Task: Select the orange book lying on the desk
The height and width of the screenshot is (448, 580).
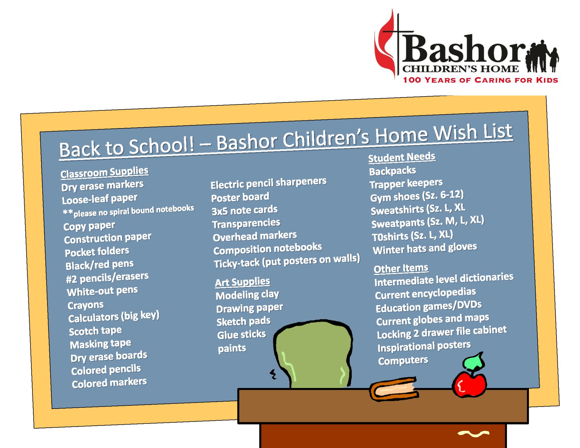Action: coord(394,389)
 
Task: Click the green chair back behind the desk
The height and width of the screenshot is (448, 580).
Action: coord(313,354)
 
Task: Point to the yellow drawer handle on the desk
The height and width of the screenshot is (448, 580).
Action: coord(473,434)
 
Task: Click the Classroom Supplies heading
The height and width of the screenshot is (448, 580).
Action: coord(104,172)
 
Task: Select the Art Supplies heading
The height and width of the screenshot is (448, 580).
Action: coord(242,282)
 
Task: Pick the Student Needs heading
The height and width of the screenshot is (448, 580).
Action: coord(402,157)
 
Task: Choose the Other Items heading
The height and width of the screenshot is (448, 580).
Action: coord(401,269)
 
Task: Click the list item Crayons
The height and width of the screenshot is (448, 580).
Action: coord(86,305)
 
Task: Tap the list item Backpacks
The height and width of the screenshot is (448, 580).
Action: coord(392,171)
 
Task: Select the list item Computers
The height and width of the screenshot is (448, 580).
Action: coord(403,360)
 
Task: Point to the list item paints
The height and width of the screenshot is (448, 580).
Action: coord(232,348)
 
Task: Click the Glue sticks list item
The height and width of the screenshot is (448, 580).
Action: coord(242,335)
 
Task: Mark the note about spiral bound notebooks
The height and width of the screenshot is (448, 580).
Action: coord(128,211)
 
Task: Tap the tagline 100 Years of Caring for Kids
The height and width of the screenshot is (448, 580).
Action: coord(481,80)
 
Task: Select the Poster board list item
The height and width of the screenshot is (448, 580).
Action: coord(240,197)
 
